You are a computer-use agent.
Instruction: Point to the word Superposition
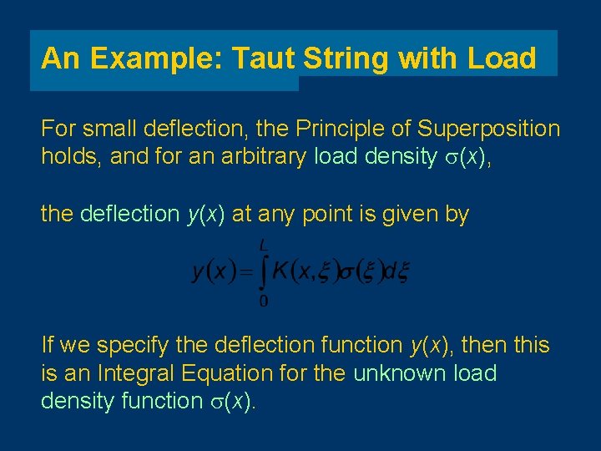(489, 129)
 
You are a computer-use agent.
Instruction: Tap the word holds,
(72, 157)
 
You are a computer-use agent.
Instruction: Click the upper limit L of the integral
(264, 245)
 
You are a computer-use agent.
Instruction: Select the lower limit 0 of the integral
(264, 300)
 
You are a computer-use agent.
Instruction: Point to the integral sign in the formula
(261, 271)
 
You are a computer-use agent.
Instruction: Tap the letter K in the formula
(281, 271)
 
